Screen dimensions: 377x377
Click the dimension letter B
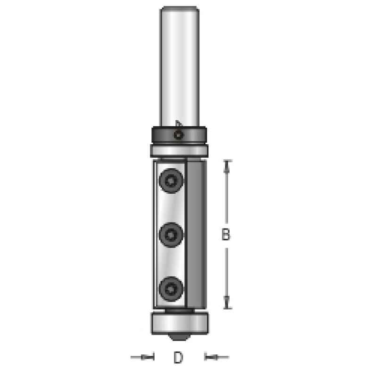(226, 234)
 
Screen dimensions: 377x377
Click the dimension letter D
(178, 357)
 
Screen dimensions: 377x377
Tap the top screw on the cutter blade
(171, 181)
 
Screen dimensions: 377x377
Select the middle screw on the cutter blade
(171, 235)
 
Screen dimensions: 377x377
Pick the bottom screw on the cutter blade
(171, 289)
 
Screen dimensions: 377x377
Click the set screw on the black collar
(179, 135)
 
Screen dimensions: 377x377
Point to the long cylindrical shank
(180, 66)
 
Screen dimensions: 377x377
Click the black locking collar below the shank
(179, 135)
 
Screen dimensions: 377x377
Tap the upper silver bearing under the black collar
(179, 151)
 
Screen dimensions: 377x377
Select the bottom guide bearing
(180, 323)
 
